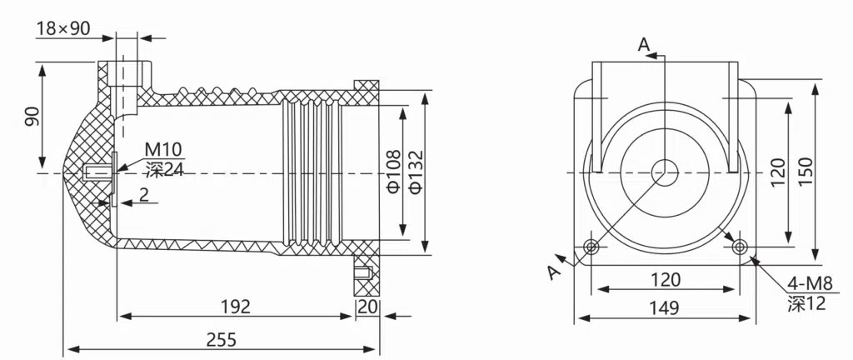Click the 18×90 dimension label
click(x=62, y=28)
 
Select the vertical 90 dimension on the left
click(x=32, y=117)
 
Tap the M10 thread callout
click(x=163, y=150)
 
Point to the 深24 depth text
click(x=163, y=170)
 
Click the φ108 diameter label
click(x=393, y=171)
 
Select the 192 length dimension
click(x=236, y=306)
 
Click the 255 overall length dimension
click(x=222, y=339)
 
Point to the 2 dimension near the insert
click(x=144, y=194)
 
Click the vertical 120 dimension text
click(x=778, y=172)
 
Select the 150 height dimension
click(x=805, y=172)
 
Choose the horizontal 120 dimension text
click(x=665, y=279)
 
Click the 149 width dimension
click(x=663, y=307)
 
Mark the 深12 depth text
click(x=806, y=304)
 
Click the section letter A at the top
click(x=643, y=44)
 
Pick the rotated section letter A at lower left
click(x=555, y=269)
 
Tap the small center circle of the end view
click(x=665, y=172)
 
